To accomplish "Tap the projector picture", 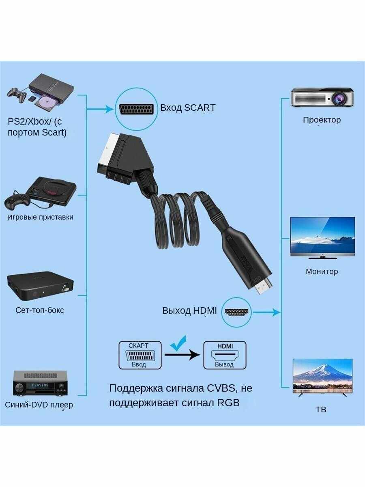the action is [322, 97].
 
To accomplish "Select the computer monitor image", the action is [322, 238].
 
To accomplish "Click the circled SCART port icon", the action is [135, 109].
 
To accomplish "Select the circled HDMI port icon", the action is [237, 312].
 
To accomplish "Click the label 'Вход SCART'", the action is [188, 108].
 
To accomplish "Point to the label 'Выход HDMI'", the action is [189, 311].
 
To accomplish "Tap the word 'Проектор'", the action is [322, 120].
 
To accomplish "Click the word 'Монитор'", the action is [322, 272].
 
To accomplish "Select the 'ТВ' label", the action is [321, 409].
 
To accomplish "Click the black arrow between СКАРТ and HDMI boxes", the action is [182, 354].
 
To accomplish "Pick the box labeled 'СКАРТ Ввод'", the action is [140, 355].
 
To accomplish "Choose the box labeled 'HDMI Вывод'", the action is [225, 355].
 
